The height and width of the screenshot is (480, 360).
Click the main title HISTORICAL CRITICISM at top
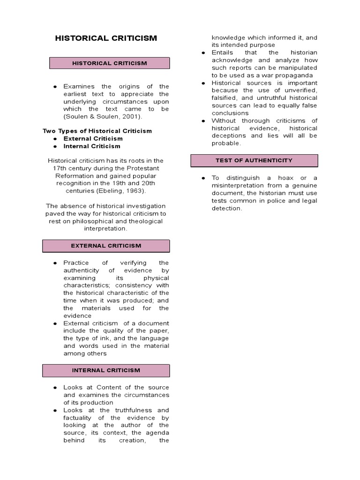(106, 38)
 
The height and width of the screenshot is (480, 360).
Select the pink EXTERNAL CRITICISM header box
(106, 246)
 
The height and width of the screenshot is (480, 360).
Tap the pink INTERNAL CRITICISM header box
(106, 370)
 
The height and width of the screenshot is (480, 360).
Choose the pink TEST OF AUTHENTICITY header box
(254, 160)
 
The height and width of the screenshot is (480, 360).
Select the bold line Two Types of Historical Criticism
(97, 131)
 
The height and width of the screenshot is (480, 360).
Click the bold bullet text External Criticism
(93, 138)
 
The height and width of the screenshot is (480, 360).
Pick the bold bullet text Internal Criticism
(92, 146)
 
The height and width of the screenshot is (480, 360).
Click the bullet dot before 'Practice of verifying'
(55, 263)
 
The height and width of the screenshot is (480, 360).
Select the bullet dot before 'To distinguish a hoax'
(203, 178)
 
